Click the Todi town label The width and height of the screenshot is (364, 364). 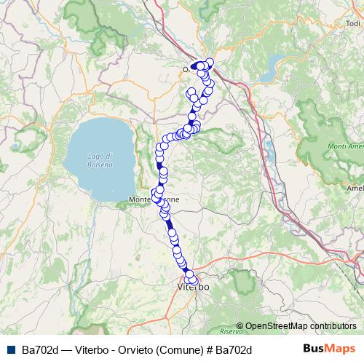click(354, 23)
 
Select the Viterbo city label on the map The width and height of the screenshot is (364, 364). click(193, 288)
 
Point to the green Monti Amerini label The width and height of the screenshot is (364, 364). click(347, 149)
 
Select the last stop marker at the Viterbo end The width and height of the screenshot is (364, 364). click(193, 280)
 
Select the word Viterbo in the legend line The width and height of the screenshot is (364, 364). click(94, 349)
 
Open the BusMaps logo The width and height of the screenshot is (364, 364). click(328, 349)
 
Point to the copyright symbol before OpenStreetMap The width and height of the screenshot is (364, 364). click(240, 326)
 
